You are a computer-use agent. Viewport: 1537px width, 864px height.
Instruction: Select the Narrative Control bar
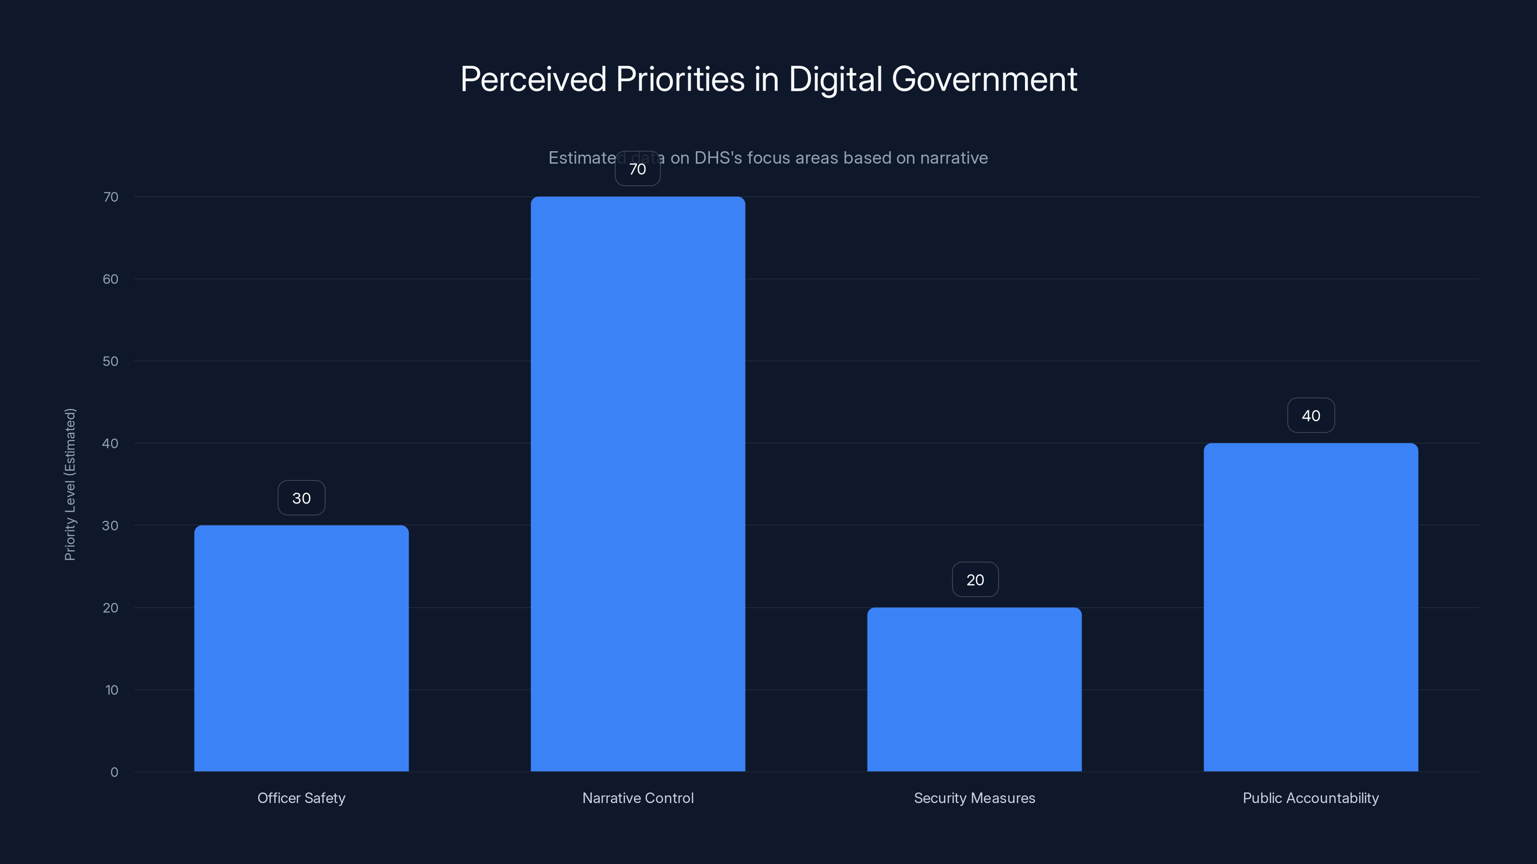click(x=638, y=483)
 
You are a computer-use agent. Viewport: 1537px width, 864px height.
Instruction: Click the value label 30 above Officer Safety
click(x=301, y=498)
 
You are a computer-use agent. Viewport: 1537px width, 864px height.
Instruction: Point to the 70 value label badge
click(x=638, y=169)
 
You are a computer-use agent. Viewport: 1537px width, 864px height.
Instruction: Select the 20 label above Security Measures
click(x=975, y=579)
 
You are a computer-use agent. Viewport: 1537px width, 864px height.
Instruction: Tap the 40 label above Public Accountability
click(x=1311, y=416)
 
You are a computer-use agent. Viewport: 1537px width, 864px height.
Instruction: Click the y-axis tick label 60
click(x=110, y=279)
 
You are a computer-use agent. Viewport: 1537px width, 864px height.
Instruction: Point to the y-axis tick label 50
click(x=110, y=361)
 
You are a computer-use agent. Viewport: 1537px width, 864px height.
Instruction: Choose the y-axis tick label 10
click(x=111, y=690)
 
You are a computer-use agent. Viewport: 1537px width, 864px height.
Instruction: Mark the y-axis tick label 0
click(x=114, y=772)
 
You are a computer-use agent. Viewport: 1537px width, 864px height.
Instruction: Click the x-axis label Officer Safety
click(x=301, y=798)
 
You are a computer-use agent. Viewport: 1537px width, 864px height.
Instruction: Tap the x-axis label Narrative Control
click(x=638, y=798)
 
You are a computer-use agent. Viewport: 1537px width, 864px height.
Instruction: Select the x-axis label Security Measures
click(x=975, y=798)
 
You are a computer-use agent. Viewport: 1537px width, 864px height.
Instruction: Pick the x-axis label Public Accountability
click(x=1311, y=798)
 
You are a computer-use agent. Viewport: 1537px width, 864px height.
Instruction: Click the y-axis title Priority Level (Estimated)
click(x=70, y=484)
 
